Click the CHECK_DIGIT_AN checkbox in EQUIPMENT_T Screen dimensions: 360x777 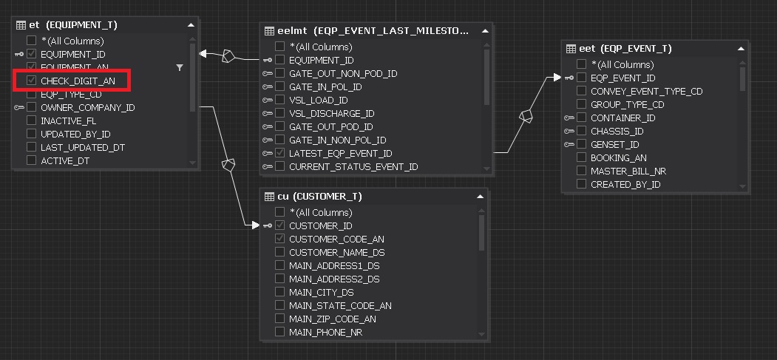pyautogui.click(x=32, y=81)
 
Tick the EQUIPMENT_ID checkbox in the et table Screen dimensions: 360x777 pyautogui.click(x=32, y=54)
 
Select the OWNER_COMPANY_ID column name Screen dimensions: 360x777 pyautogui.click(x=87, y=107)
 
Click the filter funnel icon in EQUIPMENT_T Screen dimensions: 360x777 pyautogui.click(x=180, y=67)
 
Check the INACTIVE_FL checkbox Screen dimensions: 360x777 pyautogui.click(x=32, y=120)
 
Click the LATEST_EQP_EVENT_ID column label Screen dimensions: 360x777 pyautogui.click(x=340, y=153)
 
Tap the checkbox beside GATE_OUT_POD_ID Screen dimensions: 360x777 pyautogui.click(x=280, y=126)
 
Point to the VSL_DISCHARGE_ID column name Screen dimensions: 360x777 pyautogui.click(x=331, y=113)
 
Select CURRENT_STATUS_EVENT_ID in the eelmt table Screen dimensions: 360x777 pyautogui.click(x=353, y=166)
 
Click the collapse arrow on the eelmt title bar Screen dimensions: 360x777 pyautogui.click(x=485, y=31)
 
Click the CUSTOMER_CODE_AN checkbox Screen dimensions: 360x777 pyautogui.click(x=280, y=239)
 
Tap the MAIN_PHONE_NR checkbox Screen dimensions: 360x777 pyautogui.click(x=280, y=332)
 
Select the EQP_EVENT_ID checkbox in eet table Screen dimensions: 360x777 pyautogui.click(x=582, y=78)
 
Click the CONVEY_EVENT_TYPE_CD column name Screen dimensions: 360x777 pyautogui.click(x=646, y=91)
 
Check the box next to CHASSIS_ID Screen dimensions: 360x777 pyautogui.click(x=582, y=131)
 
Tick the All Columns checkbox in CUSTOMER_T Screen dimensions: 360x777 pyautogui.click(x=280, y=212)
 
